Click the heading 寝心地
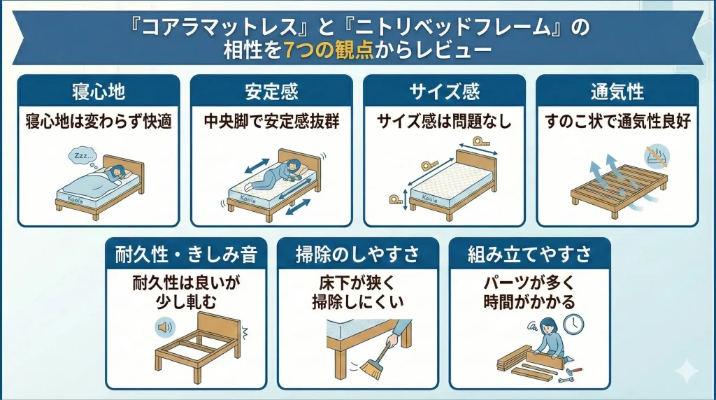pos(99,92)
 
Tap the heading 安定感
pos(271,92)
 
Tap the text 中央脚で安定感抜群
pos(271,122)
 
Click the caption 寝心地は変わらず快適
pos(99,122)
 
